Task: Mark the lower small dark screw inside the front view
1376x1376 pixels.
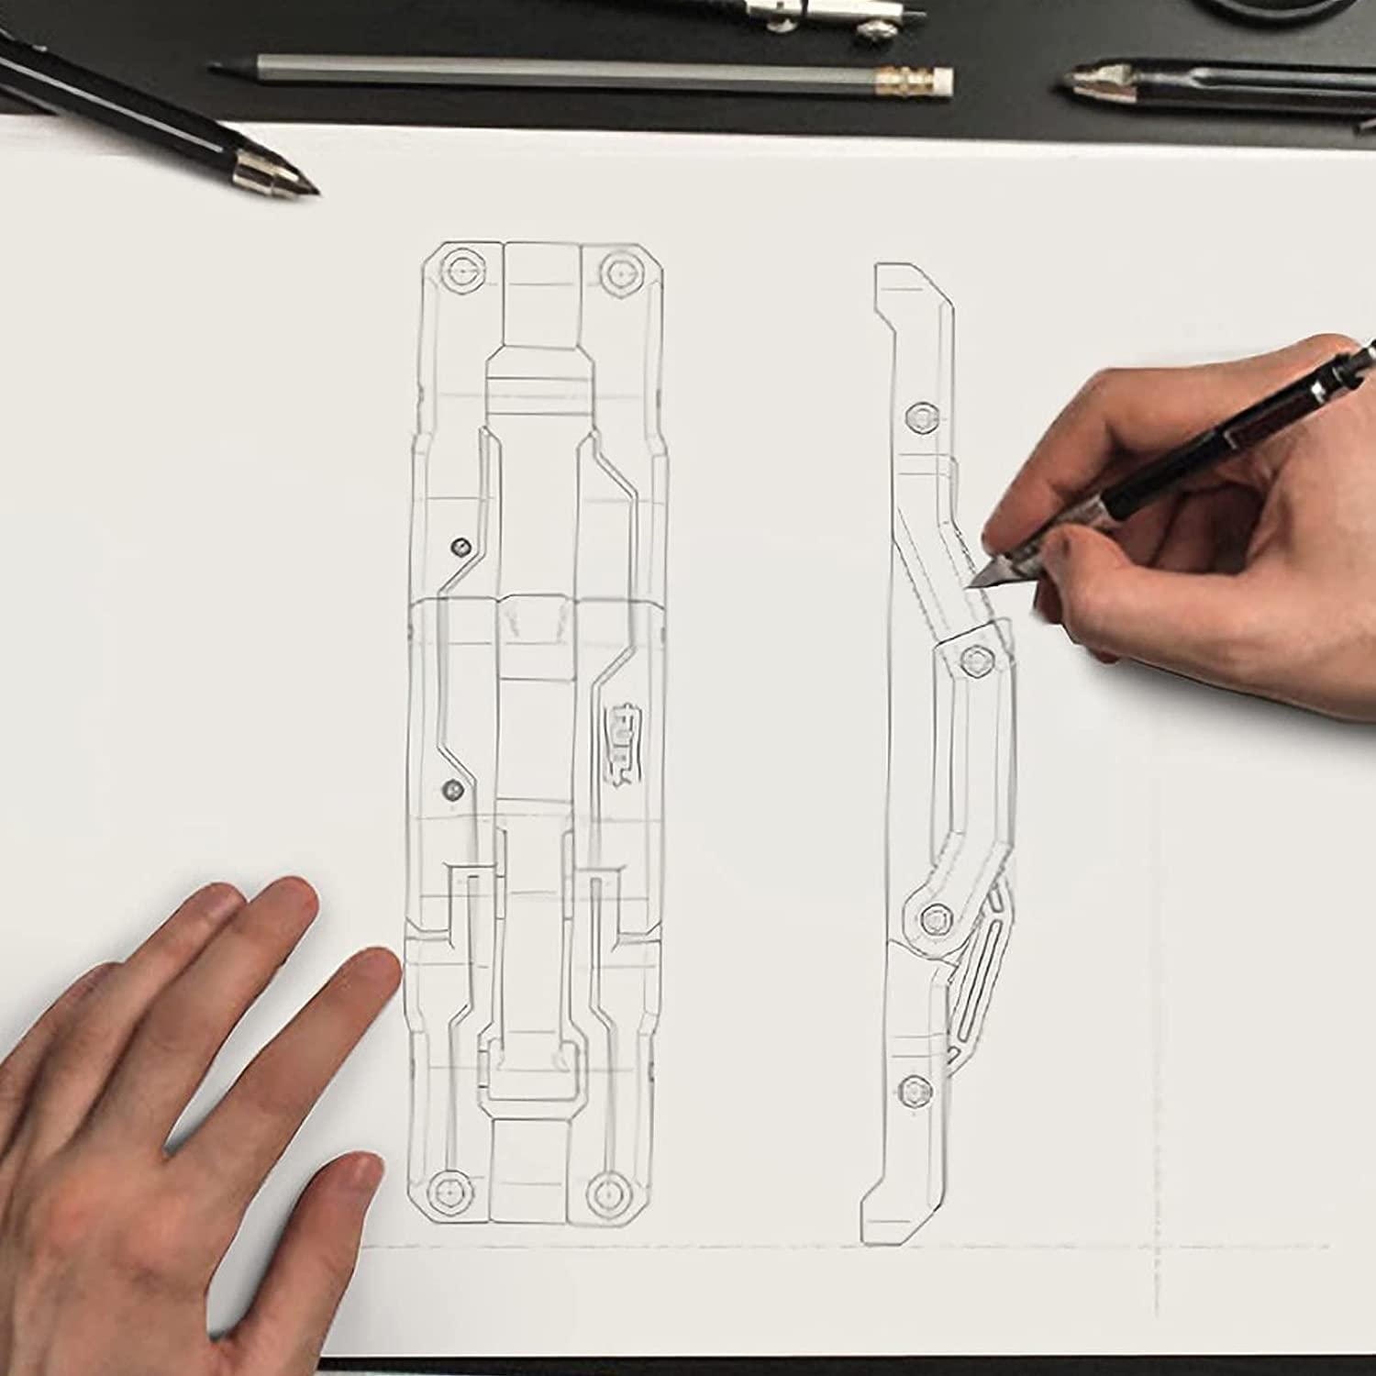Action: point(450,788)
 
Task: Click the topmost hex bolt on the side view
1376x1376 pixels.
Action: point(917,418)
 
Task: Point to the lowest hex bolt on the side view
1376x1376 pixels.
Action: point(915,1089)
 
